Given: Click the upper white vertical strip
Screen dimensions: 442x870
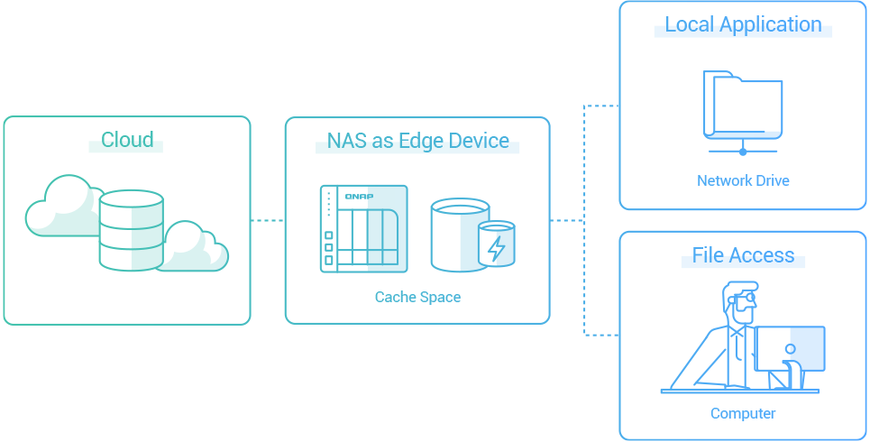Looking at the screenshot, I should pyautogui.click(x=858, y=105).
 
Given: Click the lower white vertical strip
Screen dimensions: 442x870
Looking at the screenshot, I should pyautogui.click(x=858, y=336).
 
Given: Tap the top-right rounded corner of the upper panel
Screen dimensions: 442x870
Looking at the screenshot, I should pyautogui.click(x=864, y=5).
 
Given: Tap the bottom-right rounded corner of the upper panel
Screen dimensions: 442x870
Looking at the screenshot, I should pyautogui.click(x=864, y=207).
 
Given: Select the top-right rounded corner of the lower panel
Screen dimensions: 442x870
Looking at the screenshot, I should pyautogui.click(x=864, y=235).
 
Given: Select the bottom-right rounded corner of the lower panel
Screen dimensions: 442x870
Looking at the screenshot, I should pyautogui.click(x=864, y=437).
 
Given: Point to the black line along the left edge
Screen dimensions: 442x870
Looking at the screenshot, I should pyautogui.click(x=1, y=221).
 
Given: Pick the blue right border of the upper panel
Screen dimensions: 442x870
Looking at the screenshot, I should pyautogui.click(x=866, y=105).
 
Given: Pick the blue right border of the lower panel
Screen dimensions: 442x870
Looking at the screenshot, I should pyautogui.click(x=866, y=336).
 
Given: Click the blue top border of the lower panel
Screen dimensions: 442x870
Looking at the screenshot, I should pyautogui.click(x=858, y=232).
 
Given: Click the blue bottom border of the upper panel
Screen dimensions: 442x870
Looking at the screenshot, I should pyautogui.click(x=858, y=209).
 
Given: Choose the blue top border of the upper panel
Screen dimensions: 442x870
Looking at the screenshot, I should pyautogui.click(x=858, y=2).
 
